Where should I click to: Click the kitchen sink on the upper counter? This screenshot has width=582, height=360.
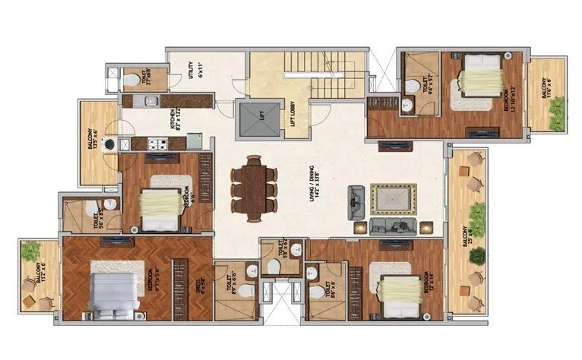click(150, 100)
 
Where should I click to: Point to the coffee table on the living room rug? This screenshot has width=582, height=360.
click(393, 199)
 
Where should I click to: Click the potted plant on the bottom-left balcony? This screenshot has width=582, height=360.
click(30, 250)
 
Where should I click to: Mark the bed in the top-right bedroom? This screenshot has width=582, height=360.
click(479, 76)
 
